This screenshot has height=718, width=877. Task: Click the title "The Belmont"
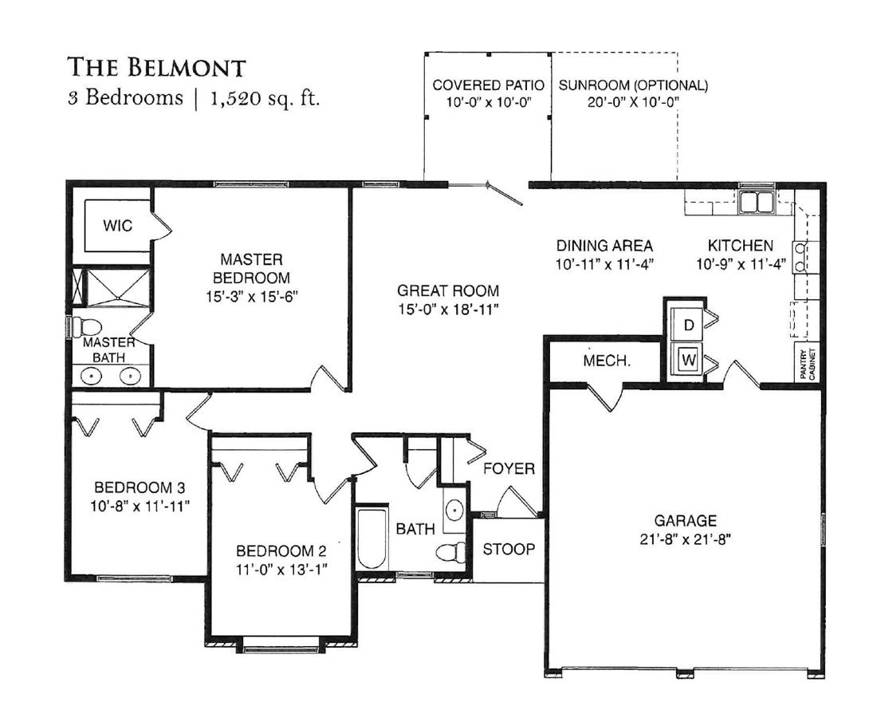156,67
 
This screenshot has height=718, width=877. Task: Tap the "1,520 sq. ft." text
265,99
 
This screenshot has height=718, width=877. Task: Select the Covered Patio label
488,85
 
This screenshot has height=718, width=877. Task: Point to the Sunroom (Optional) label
633,85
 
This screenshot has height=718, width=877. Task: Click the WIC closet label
117,226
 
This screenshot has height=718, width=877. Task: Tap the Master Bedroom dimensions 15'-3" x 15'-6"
251,296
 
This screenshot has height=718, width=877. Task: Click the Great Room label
448,291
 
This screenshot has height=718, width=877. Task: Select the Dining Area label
604,246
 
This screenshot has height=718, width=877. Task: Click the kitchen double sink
756,202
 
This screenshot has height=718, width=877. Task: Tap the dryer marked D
689,325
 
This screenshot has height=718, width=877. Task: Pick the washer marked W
689,360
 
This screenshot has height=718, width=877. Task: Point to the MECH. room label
607,361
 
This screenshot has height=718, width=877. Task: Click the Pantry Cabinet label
807,365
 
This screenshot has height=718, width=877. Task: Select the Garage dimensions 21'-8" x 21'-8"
685,539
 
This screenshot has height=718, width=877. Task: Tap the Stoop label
509,550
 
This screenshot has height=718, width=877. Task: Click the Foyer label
509,468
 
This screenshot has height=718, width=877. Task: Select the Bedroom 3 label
140,488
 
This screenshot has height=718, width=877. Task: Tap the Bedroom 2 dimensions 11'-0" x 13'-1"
281,569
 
